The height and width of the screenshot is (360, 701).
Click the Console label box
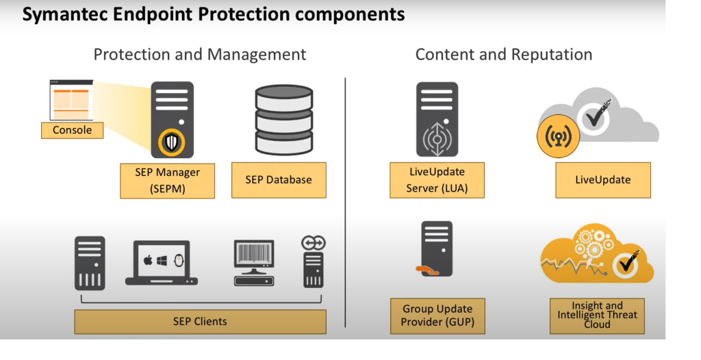73,130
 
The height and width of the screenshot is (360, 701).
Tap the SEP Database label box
279,180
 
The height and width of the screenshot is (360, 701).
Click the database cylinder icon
283,120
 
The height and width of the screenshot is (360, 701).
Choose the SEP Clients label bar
200,321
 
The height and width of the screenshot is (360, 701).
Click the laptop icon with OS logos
162,263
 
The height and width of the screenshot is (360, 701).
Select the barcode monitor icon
254,263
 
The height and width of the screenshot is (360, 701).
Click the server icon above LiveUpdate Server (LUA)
437,119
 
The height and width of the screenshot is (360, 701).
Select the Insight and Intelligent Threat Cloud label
597,316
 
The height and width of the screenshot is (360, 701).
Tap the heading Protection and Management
200,55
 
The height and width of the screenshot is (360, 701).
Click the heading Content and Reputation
504,55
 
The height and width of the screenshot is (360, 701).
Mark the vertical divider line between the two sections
346,205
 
